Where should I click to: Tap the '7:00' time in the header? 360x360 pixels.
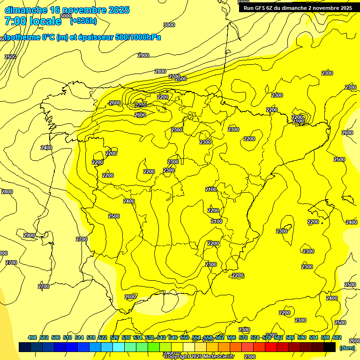tap(15, 21)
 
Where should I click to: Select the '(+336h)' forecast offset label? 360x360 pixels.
tap(83, 21)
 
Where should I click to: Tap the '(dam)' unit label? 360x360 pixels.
tap(347, 347)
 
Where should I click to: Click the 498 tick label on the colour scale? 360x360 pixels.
tap(32, 337)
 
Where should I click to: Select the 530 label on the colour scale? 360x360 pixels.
tap(126, 337)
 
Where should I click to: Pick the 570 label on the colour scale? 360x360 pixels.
tap(243, 337)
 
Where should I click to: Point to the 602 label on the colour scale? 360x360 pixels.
tap(337, 337)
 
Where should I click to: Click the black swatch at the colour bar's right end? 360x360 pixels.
tap(330, 347)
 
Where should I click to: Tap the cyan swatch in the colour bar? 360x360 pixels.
tap(119, 347)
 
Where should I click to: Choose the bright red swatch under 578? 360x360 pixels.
tap(271, 347)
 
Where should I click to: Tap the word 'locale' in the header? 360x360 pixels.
tap(46, 21)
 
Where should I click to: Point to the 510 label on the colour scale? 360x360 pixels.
tap(67, 337)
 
